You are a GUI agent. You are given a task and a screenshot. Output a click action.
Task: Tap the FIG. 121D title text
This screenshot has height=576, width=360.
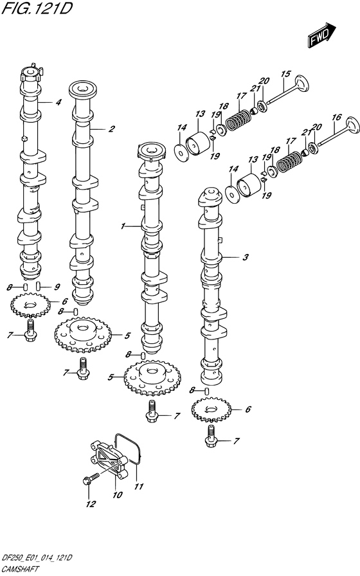coord(37,8)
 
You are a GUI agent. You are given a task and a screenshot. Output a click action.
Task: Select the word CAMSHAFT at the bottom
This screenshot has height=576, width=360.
coord(19,569)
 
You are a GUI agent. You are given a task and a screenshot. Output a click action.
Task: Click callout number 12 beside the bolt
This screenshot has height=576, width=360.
coord(91,503)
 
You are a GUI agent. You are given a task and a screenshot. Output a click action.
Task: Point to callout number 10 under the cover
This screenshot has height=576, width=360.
coord(117,495)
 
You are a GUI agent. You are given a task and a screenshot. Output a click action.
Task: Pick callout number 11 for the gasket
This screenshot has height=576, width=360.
coord(138,487)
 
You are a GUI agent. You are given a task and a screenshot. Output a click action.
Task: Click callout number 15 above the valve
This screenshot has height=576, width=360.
coord(285,74)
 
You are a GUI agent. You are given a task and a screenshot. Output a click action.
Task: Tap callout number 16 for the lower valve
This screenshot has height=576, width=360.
coord(336,117)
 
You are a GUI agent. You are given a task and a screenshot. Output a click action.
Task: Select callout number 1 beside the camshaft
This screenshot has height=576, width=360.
coord(123,226)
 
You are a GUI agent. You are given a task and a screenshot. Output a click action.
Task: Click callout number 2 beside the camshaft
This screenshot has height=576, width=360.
coord(112,129)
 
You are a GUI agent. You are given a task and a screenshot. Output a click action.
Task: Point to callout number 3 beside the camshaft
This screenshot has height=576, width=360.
coord(246,257)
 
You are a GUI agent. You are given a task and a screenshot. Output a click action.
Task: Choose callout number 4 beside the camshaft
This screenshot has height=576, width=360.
coord(59,102)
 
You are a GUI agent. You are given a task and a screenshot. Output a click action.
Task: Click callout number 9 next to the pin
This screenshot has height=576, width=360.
coord(57,287)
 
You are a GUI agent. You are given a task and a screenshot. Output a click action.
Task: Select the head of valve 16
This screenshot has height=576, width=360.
coord(352,125)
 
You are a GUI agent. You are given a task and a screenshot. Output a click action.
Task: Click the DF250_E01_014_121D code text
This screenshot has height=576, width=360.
coord(37,559)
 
